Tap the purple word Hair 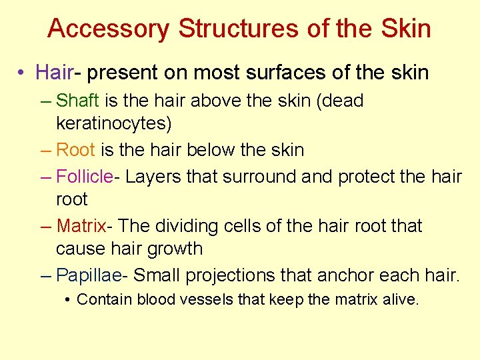tap(53, 72)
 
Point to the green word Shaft tap(77, 101)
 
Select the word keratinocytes tap(113, 124)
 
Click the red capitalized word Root tap(76, 151)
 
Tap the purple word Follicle tap(85, 177)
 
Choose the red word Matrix tap(81, 226)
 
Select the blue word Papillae tap(88, 275)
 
